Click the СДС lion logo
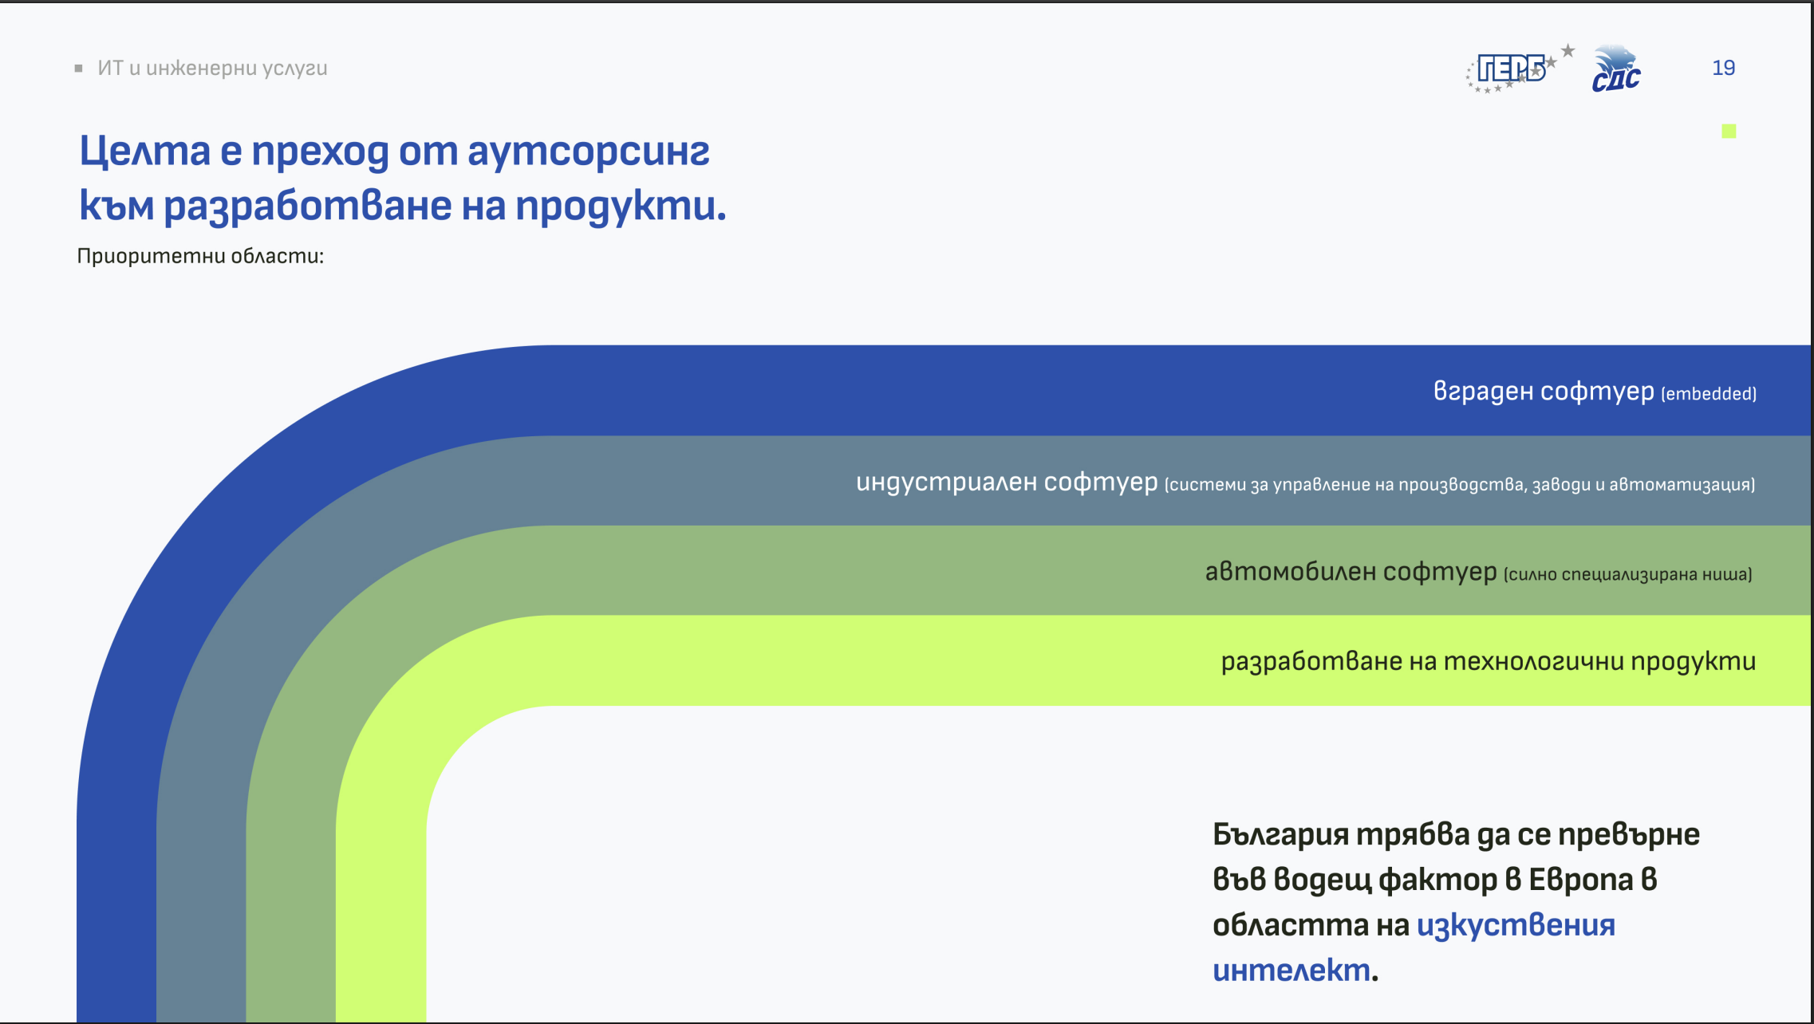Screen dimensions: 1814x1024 (x=1616, y=69)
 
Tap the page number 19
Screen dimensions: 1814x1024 (x=1723, y=68)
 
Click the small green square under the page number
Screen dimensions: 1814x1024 (x=1729, y=131)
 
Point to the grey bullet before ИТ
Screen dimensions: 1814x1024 (x=78, y=69)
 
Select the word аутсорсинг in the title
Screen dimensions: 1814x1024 (x=588, y=151)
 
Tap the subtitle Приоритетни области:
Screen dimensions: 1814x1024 (x=200, y=256)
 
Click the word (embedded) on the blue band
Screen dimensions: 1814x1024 (x=1709, y=394)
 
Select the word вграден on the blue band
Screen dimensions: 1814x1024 (x=1483, y=391)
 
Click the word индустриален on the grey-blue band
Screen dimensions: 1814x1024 (x=946, y=482)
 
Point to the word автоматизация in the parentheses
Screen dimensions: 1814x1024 (x=1682, y=485)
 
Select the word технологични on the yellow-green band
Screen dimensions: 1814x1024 (x=1534, y=661)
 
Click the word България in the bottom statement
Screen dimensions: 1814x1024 (x=1280, y=835)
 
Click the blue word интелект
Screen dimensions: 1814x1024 (x=1291, y=970)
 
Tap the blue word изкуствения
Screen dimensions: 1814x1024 (x=1516, y=925)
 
